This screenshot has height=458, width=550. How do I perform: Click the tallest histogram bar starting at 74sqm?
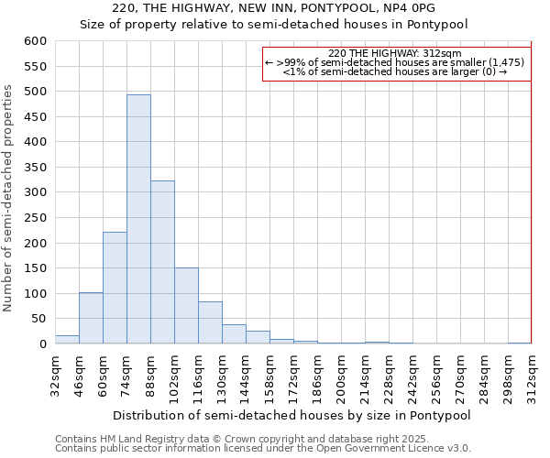click(138, 220)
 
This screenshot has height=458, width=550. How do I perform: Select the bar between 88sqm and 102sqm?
click(162, 262)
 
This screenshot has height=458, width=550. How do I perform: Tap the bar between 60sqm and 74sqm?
click(115, 288)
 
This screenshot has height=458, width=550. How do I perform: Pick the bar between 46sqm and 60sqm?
click(91, 318)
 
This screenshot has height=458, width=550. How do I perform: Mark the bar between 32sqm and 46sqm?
click(67, 339)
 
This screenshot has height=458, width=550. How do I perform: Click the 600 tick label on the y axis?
click(35, 41)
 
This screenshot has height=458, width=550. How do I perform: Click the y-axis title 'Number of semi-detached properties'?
click(8, 198)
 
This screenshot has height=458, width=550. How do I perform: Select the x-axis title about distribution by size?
click(293, 415)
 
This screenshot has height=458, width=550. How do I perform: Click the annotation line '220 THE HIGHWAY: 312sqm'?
click(395, 54)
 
